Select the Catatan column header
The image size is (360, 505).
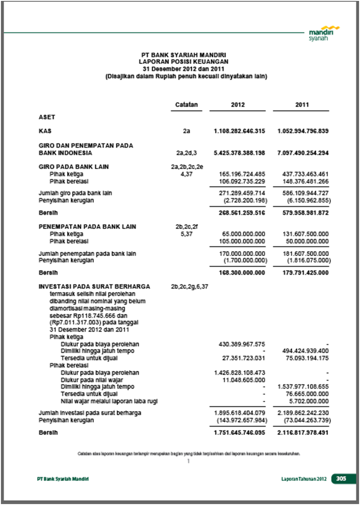[186, 105]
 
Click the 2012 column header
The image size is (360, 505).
[238, 105]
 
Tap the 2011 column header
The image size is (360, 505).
[302, 105]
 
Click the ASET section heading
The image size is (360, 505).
[47, 117]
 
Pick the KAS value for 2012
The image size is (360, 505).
[239, 131]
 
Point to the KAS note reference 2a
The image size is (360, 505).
[186, 131]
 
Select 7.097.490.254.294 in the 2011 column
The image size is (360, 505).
[303, 153]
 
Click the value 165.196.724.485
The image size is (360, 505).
[242, 174]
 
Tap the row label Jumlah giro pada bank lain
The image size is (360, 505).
[75, 193]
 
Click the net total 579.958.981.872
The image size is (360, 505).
[303, 213]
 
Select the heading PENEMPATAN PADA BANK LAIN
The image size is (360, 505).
[87, 227]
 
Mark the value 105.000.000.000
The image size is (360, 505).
[242, 241]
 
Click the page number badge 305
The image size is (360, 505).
[341, 479]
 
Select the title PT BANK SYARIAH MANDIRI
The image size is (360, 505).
[186, 55]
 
